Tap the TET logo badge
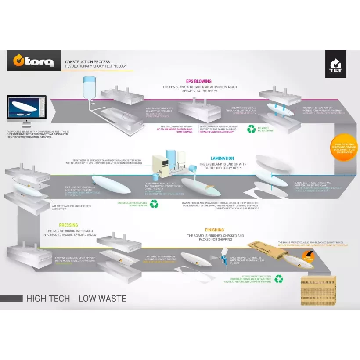(x=335, y=64)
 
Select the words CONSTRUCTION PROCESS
(x=87, y=62)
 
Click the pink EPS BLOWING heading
(x=198, y=81)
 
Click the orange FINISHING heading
(x=214, y=230)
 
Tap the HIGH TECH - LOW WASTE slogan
(x=76, y=299)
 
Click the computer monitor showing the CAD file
(x=26, y=112)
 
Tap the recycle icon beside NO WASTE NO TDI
(x=251, y=129)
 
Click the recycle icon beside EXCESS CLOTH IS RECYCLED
(x=154, y=204)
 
